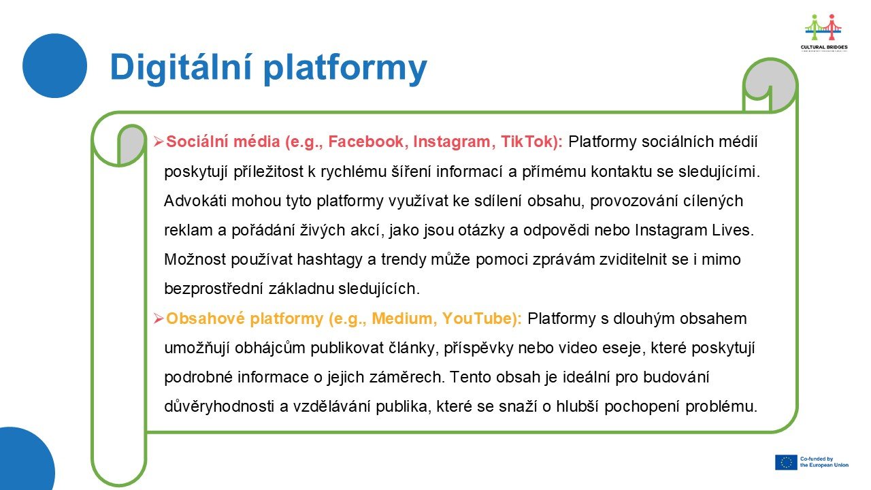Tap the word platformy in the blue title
(x=345, y=69)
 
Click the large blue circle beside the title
(x=55, y=66)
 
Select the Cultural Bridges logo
(x=824, y=33)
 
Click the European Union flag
(x=786, y=462)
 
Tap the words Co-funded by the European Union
(x=824, y=462)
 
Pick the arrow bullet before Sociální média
(x=159, y=142)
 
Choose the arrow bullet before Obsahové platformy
(x=159, y=319)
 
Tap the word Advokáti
(x=195, y=201)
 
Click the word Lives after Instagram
(x=733, y=230)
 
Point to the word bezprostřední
(x=214, y=289)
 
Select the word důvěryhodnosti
(x=219, y=407)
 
